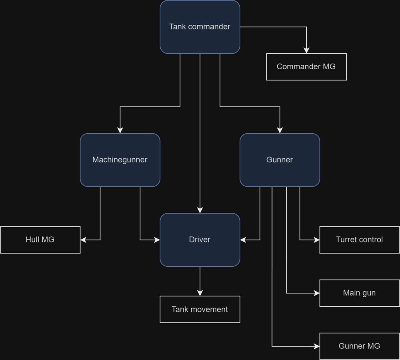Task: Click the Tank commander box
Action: [200, 27]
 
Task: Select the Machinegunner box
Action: [120, 160]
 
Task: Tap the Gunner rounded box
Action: [280, 160]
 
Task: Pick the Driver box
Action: [200, 240]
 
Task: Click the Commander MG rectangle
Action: [306, 67]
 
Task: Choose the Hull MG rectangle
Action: [40, 240]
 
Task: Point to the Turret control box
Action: [360, 240]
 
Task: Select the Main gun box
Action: [360, 293]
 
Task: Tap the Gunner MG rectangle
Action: [360, 346]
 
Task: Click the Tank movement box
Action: [200, 309]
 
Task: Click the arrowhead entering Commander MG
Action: [306, 50]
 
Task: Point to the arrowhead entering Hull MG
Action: [84, 240]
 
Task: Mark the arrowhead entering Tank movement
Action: [200, 293]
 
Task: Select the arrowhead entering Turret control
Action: [316, 240]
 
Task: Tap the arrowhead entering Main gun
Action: [316, 293]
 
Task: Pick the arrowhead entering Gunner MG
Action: [316, 346]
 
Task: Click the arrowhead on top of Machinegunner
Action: [120, 130]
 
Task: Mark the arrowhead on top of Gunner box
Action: [280, 130]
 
